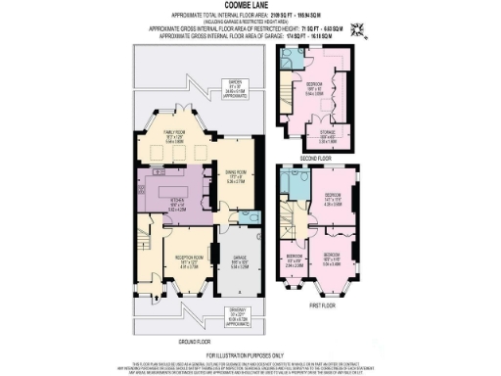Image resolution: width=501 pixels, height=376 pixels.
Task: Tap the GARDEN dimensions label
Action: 236,87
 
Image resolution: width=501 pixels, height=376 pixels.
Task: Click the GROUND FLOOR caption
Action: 196,342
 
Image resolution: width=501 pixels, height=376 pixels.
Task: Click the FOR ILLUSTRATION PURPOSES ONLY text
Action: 250,354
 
